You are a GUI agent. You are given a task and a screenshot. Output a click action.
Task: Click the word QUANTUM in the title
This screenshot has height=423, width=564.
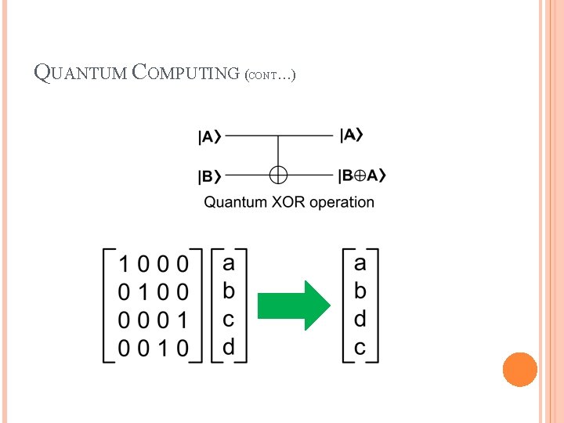pyautogui.click(x=81, y=74)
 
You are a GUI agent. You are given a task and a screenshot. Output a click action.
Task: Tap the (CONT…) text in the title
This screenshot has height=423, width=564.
pyautogui.click(x=269, y=76)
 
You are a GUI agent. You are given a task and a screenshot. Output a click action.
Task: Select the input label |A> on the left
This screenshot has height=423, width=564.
pyautogui.click(x=209, y=137)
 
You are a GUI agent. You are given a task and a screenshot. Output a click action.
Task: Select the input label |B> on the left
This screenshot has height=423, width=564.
pyautogui.click(x=209, y=176)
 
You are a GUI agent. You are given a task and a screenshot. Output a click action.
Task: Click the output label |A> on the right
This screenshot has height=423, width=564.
pyautogui.click(x=352, y=136)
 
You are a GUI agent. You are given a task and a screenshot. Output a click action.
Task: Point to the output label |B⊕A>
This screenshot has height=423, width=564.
pyautogui.click(x=363, y=175)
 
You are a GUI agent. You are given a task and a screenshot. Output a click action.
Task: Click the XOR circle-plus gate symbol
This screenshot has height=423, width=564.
pyautogui.click(x=279, y=175)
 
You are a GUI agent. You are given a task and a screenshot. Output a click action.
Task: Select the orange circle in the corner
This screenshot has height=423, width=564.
pyautogui.click(x=519, y=369)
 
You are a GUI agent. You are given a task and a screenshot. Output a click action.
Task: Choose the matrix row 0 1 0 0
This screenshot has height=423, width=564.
pyautogui.click(x=153, y=292)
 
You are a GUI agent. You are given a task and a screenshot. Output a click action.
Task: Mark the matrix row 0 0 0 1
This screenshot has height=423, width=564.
pyautogui.click(x=153, y=320)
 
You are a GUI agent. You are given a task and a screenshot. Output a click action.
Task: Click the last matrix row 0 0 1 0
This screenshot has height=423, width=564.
pyautogui.click(x=153, y=349)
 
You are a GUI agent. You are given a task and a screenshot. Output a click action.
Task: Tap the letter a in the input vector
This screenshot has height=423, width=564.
pyautogui.click(x=229, y=261)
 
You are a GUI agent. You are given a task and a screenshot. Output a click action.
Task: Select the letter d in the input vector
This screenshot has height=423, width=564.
pyautogui.click(x=229, y=345)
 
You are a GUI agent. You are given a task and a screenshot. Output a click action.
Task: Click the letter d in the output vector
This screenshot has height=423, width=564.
pyautogui.click(x=360, y=319)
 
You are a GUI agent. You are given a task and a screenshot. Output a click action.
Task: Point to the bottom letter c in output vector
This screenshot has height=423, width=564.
pyautogui.click(x=360, y=347)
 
